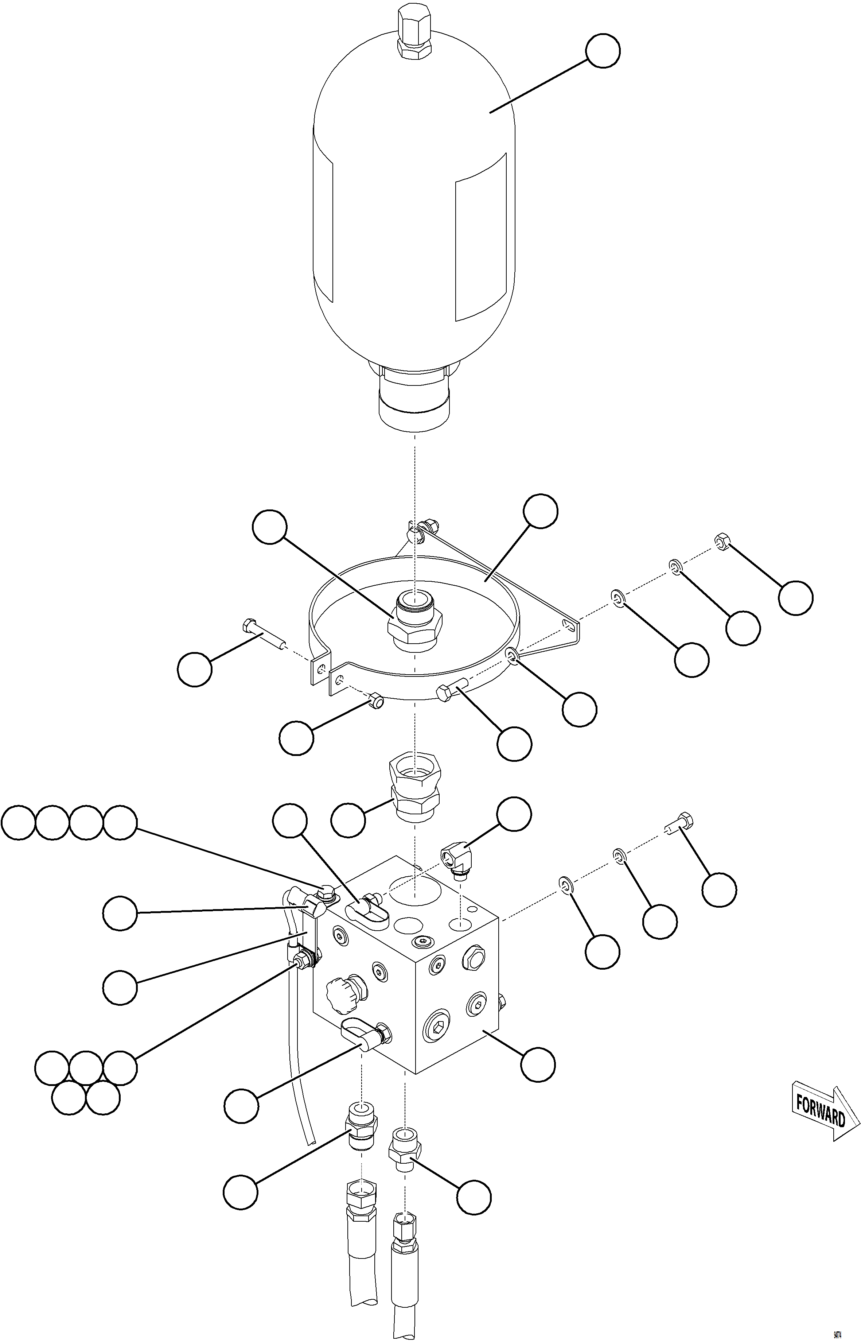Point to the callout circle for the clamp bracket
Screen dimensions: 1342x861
[x=541, y=511]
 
